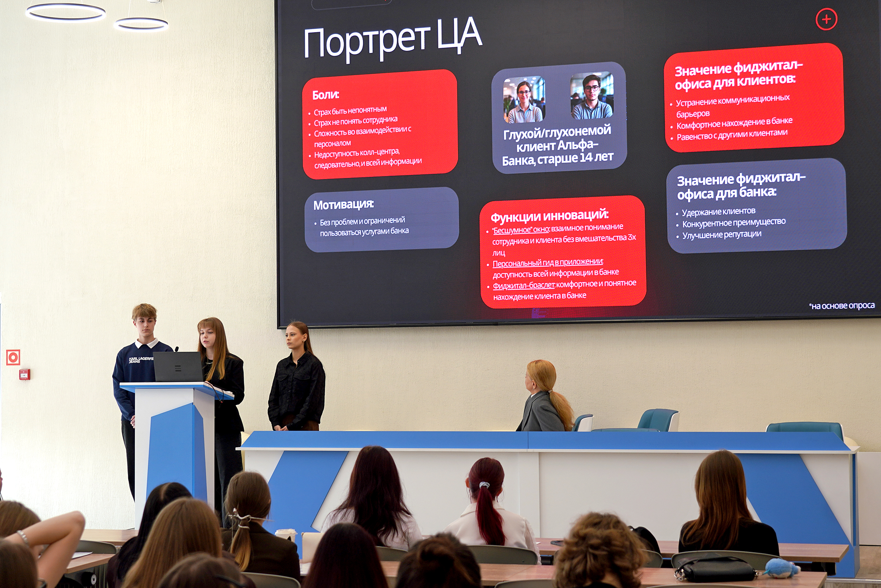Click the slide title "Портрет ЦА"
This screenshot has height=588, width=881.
392,40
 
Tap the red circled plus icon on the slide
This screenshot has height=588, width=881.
826,19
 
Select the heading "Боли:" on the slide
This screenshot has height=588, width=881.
325,95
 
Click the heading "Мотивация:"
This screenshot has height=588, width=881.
344,205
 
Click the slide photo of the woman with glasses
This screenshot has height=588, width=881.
524,100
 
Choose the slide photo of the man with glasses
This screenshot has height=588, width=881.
592,96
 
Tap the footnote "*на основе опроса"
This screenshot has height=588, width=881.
841,306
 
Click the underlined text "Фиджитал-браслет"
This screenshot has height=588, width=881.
524,285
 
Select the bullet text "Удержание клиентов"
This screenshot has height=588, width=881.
718,212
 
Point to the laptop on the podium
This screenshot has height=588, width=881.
178,367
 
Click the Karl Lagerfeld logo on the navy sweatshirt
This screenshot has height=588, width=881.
141,360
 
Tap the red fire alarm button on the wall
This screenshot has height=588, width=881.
25,374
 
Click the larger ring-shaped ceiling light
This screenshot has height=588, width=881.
66,12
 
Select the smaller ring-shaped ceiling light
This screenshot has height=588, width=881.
141,24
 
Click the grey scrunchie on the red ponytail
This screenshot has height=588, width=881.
485,485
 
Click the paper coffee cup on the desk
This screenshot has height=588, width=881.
286,536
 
